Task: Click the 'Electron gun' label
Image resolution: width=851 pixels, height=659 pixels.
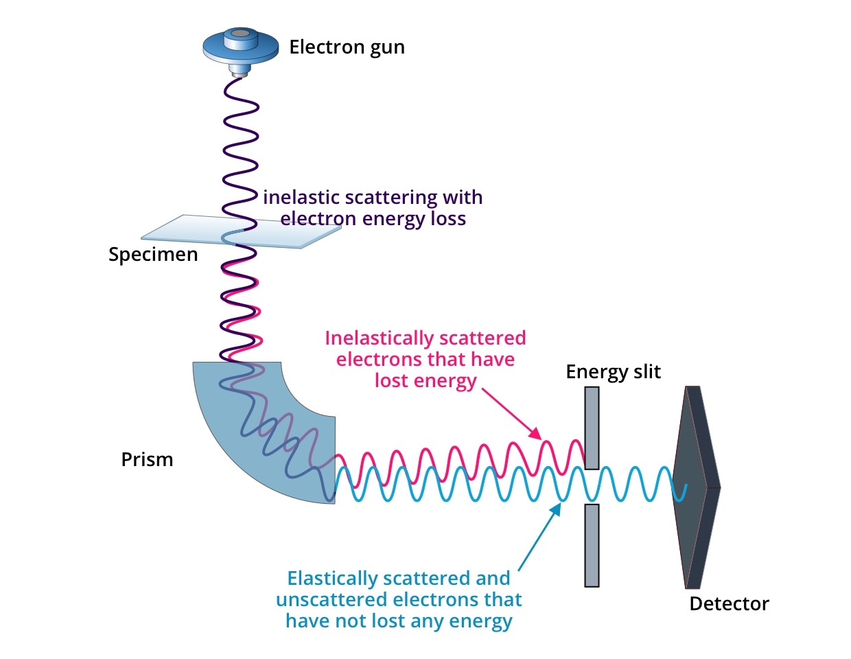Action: point(347,47)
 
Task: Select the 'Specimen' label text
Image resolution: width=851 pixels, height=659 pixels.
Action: point(153,255)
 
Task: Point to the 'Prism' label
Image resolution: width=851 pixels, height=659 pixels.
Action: point(147,459)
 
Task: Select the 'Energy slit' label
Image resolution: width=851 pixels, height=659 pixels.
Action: point(613,372)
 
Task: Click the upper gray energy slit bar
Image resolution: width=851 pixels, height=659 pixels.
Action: point(592,427)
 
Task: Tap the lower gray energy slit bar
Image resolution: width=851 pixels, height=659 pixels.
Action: point(592,545)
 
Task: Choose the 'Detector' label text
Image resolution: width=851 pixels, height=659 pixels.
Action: point(729,604)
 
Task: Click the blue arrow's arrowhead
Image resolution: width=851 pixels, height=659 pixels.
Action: point(557,508)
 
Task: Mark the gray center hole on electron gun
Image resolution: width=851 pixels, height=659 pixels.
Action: point(240,33)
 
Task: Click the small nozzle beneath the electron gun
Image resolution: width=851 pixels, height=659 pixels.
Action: point(240,70)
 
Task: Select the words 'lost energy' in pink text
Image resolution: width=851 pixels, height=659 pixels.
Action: point(425,381)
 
